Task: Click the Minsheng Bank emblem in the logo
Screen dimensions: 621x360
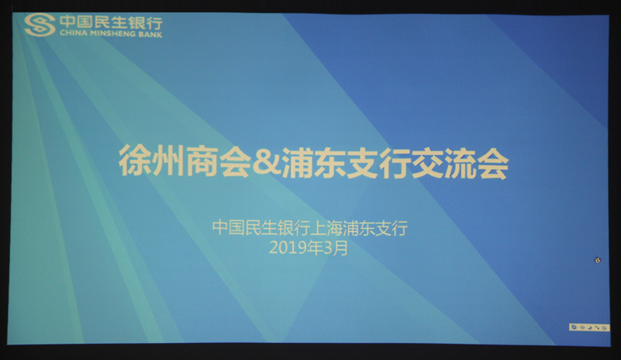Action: coord(40,25)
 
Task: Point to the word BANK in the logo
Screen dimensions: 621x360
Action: coord(151,34)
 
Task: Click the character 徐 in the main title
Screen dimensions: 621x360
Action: coord(134,161)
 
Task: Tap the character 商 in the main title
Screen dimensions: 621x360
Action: coord(201,161)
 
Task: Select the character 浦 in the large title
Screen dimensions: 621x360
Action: coord(297,162)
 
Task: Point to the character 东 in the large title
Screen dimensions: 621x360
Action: coord(330,162)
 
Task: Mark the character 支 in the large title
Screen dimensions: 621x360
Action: coord(363,163)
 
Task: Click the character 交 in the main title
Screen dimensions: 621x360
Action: coord(428,163)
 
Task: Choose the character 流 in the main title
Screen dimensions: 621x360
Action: coord(460,164)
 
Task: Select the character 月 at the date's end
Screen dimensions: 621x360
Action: coord(341,248)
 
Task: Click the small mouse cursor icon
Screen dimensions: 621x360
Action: coord(598,260)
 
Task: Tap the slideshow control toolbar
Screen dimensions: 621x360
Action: coord(589,327)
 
